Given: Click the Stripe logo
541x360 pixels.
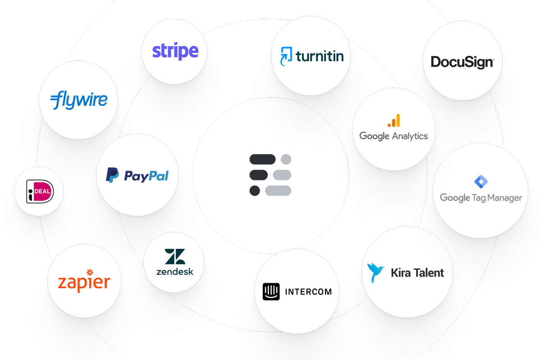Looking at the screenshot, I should tap(175, 51).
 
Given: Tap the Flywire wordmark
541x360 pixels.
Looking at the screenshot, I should tap(79, 100).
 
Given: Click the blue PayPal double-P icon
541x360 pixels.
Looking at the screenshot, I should tap(112, 175).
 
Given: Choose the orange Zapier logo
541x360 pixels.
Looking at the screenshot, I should tap(84, 281).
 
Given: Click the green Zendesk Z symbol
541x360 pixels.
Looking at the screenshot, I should tap(174, 257).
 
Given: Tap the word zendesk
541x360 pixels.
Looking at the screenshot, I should tap(174, 272).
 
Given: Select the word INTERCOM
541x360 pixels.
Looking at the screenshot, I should tap(308, 291).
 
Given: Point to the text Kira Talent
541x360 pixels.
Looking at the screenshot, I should tap(417, 272).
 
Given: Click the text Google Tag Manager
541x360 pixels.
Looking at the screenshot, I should tap(481, 198).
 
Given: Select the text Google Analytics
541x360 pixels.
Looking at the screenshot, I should tap(394, 136).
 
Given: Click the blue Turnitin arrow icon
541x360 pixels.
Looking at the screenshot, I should tap(287, 56).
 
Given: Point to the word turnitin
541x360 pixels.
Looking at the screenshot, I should tap(320, 56).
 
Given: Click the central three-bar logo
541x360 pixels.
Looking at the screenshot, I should tap(270, 175).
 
